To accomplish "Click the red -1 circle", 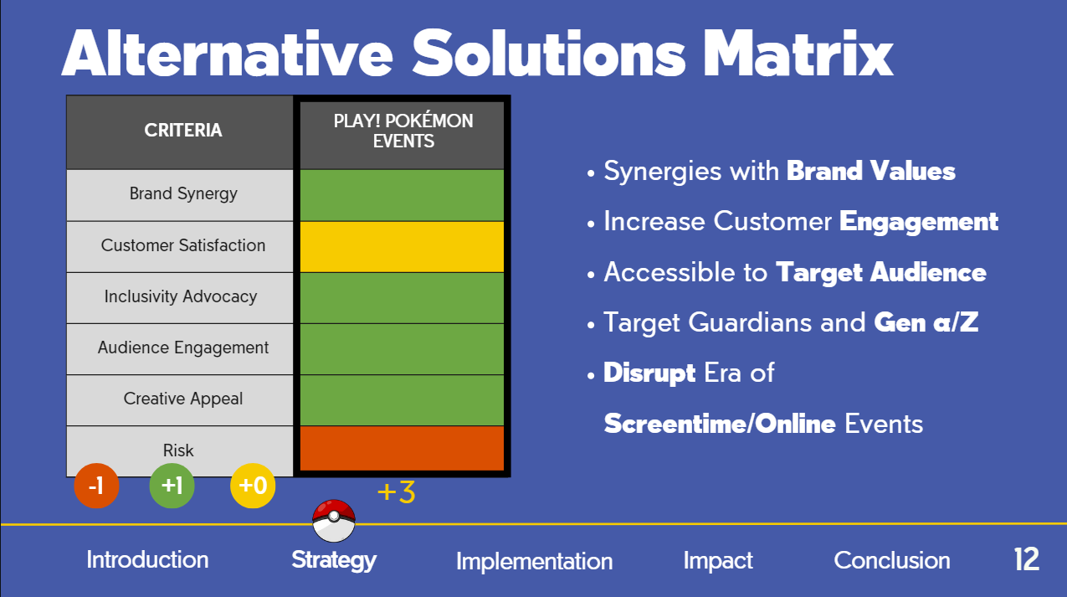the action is (x=96, y=486).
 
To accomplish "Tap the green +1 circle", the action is (x=172, y=486).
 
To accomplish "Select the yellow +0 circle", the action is (x=253, y=486).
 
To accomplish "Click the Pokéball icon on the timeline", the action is (x=334, y=521).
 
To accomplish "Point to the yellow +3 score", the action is (x=397, y=492).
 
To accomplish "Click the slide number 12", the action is (x=1027, y=559).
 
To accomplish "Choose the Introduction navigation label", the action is (x=147, y=560).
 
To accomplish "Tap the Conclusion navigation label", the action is (x=892, y=560).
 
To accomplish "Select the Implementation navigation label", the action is (x=535, y=561).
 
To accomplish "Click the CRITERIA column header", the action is (x=183, y=130).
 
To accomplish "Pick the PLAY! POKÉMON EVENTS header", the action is (x=403, y=131).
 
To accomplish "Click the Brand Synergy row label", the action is (x=183, y=194).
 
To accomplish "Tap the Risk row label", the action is (x=178, y=450).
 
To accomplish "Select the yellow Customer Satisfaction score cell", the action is (x=402, y=247).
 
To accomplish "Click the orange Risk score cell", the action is (x=402, y=448).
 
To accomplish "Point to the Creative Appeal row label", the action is (x=183, y=399).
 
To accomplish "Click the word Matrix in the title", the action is (x=798, y=54).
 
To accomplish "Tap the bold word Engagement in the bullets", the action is (x=919, y=222).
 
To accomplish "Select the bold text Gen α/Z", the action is (x=926, y=322).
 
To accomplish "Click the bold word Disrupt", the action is (x=649, y=373).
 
